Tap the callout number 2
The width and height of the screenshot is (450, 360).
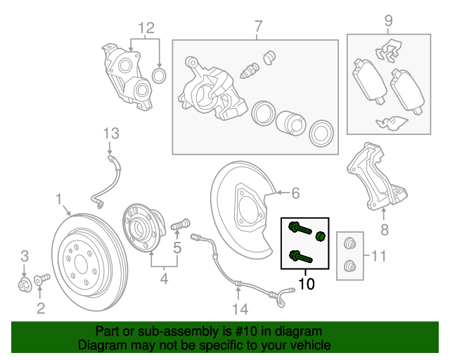[x=41, y=307]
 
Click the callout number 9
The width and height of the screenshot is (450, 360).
[x=388, y=21]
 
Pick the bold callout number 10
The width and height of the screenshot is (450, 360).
[x=307, y=284]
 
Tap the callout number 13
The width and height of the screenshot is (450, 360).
[x=112, y=133]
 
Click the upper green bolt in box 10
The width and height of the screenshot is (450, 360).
[x=297, y=229]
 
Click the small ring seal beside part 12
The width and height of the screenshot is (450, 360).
[x=160, y=75]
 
